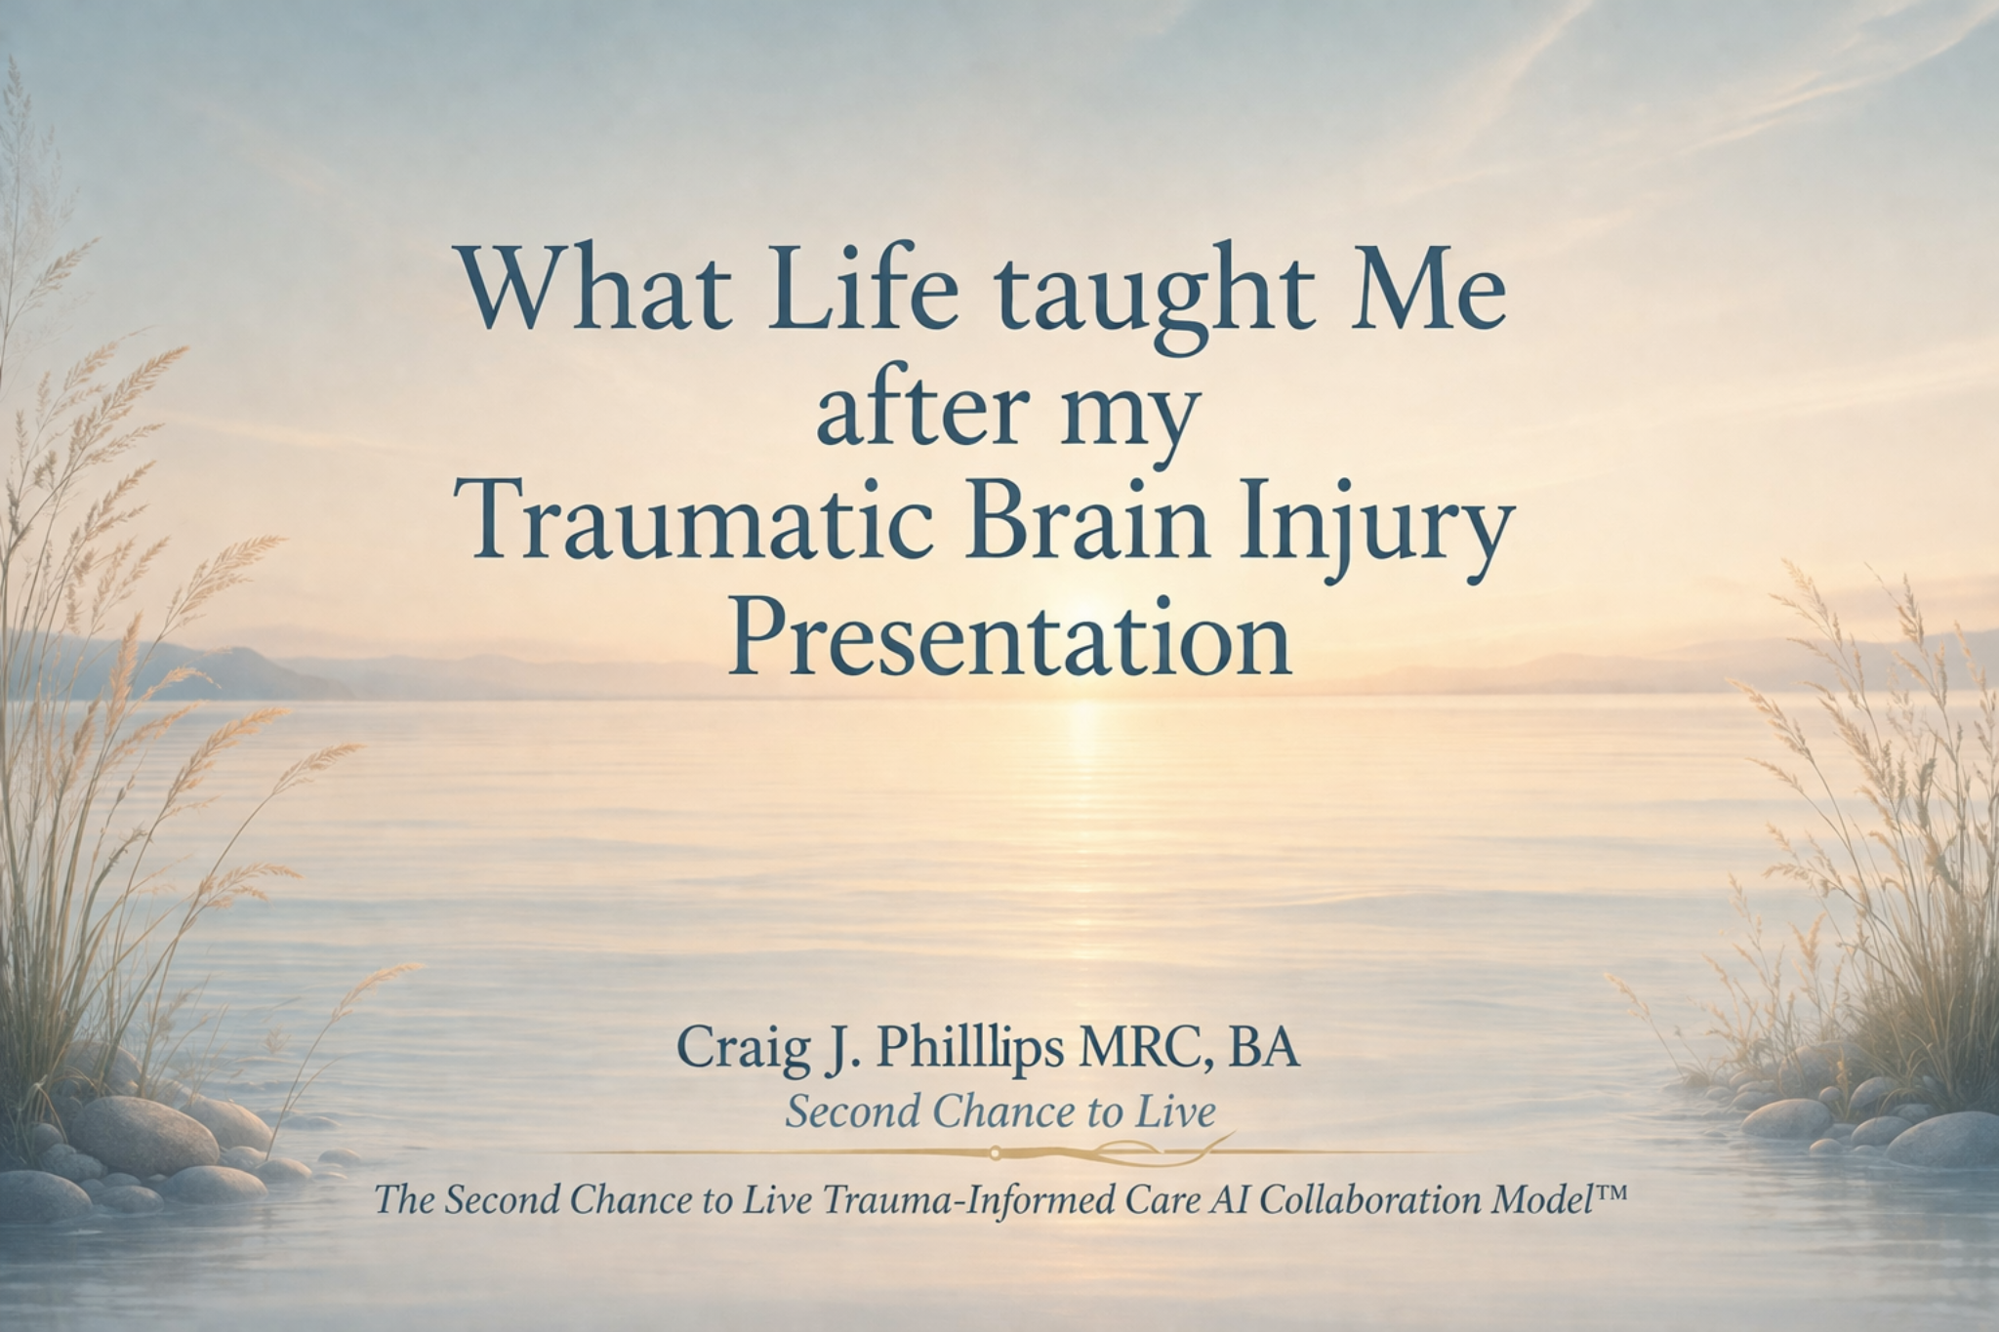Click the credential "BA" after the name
1267,1050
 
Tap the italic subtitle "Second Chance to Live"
1000,1112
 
